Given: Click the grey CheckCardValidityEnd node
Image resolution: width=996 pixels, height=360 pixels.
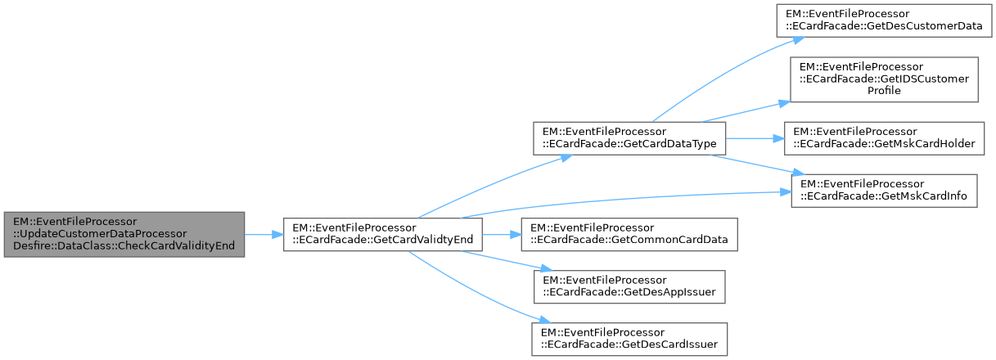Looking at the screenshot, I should (x=124, y=234).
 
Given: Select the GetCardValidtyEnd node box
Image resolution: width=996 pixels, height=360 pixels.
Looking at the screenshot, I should (x=383, y=234).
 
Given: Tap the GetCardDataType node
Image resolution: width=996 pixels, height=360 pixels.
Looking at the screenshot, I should (x=629, y=137).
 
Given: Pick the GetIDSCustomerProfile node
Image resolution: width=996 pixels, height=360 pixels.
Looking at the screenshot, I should (x=883, y=79).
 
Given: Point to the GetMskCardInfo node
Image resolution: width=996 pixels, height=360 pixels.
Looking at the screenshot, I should (x=883, y=190).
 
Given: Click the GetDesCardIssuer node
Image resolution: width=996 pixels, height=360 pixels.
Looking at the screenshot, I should (x=629, y=339).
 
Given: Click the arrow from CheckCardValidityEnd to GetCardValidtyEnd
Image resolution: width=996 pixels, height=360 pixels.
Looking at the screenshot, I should (x=264, y=234).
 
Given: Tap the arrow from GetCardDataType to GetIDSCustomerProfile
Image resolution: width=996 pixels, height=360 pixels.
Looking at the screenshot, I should (x=753, y=113).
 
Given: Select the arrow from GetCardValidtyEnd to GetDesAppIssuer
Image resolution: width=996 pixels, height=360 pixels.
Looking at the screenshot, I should (x=499, y=259).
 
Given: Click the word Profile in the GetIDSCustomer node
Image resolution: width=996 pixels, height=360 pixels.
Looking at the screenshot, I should (x=884, y=90).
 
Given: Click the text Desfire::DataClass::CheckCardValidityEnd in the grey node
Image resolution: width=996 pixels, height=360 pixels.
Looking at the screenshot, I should (x=123, y=246).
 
